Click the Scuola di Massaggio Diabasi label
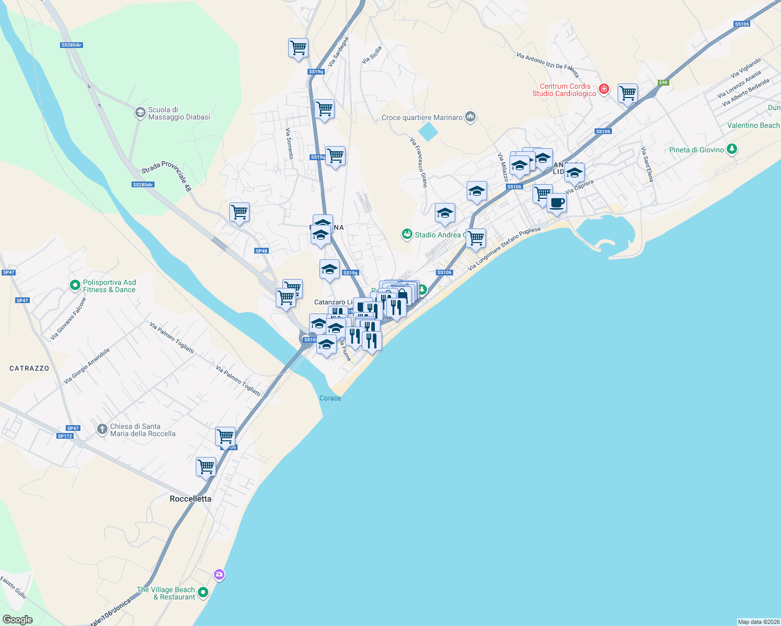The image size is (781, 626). [x=179, y=114]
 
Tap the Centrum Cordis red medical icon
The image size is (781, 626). [x=604, y=89]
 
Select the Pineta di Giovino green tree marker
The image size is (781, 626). [x=732, y=150]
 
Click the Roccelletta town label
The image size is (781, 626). [x=191, y=499]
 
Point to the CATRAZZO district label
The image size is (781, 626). [x=29, y=368]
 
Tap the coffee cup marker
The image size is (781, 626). [x=557, y=202]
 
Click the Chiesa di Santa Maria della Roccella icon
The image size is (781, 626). [x=102, y=429]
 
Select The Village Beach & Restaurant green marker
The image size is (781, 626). [x=203, y=593]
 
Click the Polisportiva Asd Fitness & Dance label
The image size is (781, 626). [x=109, y=286]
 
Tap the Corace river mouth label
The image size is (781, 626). [x=330, y=398]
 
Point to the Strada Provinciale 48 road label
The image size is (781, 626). [x=167, y=175]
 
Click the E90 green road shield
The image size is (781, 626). [x=663, y=82]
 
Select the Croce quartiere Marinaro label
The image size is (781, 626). [x=422, y=117]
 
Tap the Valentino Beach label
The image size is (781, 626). [x=753, y=125]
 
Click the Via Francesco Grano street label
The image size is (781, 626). [x=418, y=162]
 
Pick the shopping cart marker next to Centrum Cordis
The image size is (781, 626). [x=628, y=93]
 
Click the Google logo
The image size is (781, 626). [x=18, y=620]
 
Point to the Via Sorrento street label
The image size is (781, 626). [x=289, y=143]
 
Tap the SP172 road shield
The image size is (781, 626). [x=65, y=436]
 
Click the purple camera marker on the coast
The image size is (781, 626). [x=219, y=575]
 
